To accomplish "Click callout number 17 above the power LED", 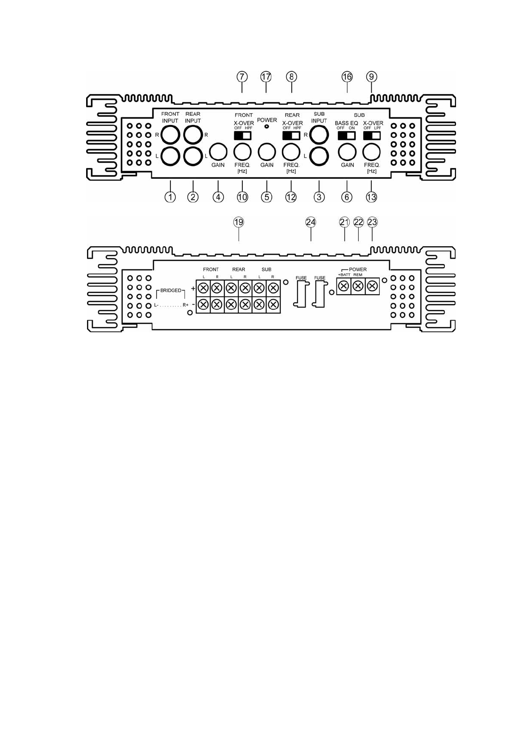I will [266, 77].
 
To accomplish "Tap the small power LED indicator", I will [266, 127].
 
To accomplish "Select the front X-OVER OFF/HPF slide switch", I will [243, 135].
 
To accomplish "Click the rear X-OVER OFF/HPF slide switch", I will [291, 135].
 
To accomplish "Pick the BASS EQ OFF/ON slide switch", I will [346, 135].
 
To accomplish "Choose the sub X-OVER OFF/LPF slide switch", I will [372, 135].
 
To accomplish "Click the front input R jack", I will [170, 134].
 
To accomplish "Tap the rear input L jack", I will [193, 156].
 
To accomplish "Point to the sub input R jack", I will [319, 134].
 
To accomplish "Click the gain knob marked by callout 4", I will [218, 152].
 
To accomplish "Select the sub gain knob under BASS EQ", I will [347, 152].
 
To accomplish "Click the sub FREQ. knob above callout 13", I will [371, 152].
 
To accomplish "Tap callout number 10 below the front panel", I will [242, 197].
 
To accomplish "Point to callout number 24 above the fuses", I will [311, 222].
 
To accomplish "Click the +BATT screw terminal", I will [344, 286].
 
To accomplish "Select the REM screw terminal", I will [358, 286].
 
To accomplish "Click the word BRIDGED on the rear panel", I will [171, 290].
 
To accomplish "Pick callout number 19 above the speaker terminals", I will [239, 222].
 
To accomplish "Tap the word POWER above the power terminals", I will [357, 269].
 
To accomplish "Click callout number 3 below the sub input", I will [319, 197].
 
